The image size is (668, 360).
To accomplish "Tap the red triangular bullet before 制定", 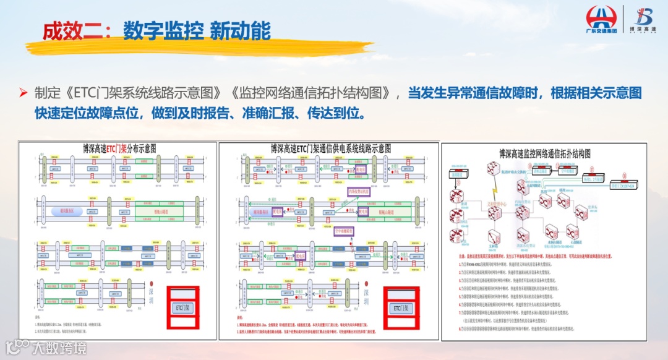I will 24,93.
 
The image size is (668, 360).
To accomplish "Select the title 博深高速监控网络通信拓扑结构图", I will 545,153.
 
